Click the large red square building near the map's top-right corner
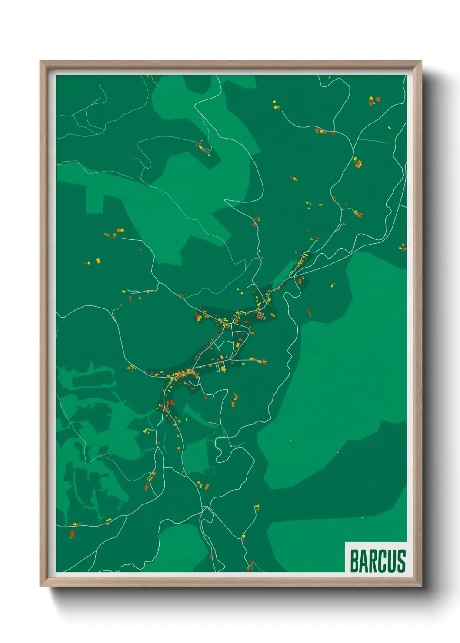coord(378,99)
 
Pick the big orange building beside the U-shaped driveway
coord(223,369)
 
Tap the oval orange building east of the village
coord(273,315)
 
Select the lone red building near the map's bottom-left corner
coord(72,534)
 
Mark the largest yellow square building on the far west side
coord(98,261)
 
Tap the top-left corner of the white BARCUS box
coord(345,542)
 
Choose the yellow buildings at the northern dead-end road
coord(275,104)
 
